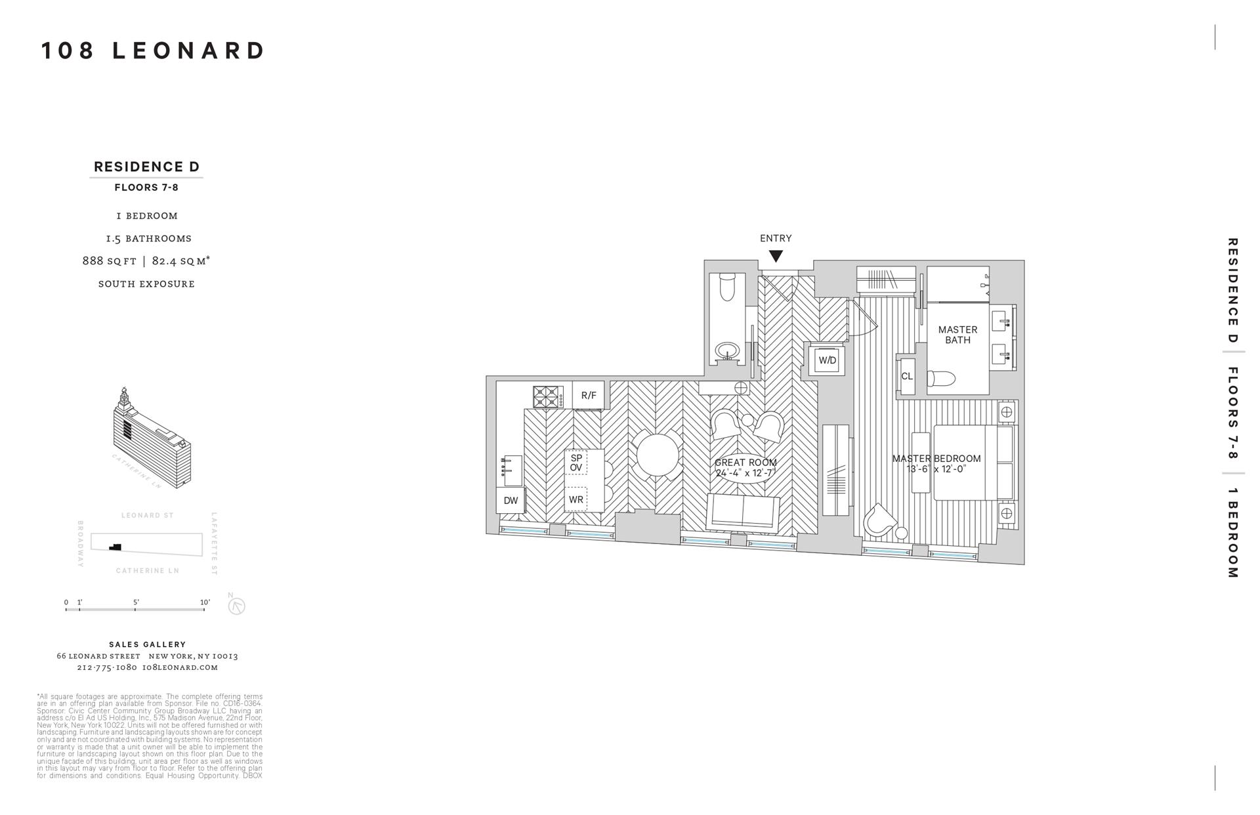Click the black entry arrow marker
click(776, 256)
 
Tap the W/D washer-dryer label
click(827, 360)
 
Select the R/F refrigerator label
click(589, 395)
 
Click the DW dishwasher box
click(511, 501)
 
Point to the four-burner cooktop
click(548, 397)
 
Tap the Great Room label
click(745, 463)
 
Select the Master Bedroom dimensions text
click(936, 469)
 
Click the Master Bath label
click(957, 335)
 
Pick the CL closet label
click(907, 377)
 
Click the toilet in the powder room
click(727, 287)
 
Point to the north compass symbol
click(236, 606)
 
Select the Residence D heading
click(146, 167)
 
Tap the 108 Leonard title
click(154, 51)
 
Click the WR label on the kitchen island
click(576, 499)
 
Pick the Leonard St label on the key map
click(148, 516)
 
